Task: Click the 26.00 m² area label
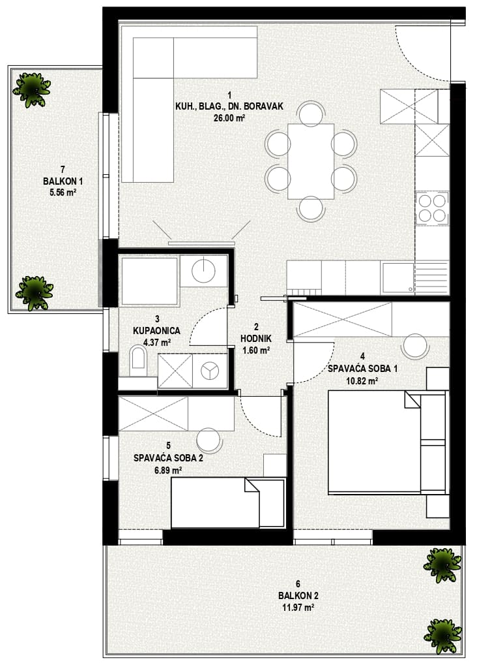click(229, 118)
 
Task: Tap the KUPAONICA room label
click(157, 330)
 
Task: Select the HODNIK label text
click(256, 339)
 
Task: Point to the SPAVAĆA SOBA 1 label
click(362, 369)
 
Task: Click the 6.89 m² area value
click(168, 470)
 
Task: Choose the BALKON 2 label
click(298, 595)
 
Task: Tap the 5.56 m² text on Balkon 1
click(63, 193)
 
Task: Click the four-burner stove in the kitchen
click(432, 208)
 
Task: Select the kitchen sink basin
click(397, 278)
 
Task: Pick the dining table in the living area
click(311, 161)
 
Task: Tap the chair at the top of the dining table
click(311, 113)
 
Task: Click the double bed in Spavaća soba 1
click(388, 442)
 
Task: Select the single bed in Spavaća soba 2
click(227, 503)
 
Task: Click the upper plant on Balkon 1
click(32, 89)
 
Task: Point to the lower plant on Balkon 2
click(442, 636)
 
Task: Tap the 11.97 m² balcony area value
click(298, 608)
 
